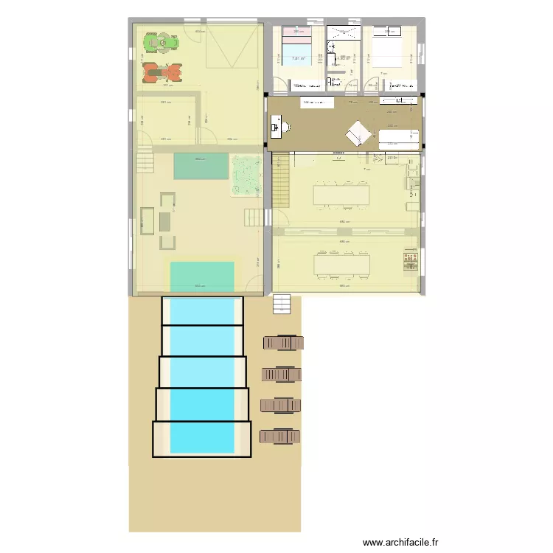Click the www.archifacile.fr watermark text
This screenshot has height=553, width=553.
(401, 542)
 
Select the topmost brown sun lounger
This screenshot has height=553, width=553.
(282, 343)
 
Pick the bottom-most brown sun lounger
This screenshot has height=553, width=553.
(281, 437)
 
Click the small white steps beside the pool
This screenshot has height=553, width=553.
(281, 304)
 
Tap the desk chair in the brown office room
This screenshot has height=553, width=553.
(280, 127)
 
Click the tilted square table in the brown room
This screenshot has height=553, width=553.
(358, 133)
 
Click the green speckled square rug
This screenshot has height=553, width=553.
(246, 175)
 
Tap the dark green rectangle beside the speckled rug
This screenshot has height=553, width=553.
(201, 167)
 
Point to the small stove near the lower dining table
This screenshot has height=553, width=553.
(408, 262)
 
